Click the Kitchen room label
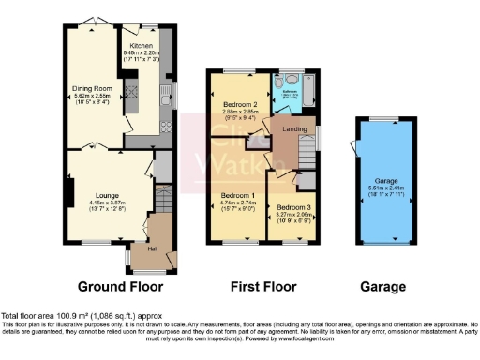pyautogui.click(x=142, y=45)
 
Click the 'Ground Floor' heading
pyautogui.click(x=120, y=286)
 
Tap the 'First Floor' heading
pyautogui.click(x=263, y=286)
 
